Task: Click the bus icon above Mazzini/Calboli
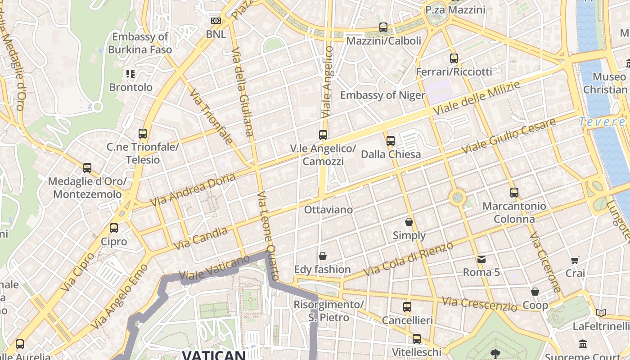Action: tap(383, 27)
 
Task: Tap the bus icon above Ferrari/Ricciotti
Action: tap(454, 58)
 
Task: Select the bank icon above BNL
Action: tap(216, 21)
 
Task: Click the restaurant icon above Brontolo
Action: tap(130, 74)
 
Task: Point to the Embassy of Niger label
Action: tap(382, 95)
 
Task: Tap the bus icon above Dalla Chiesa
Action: tap(390, 141)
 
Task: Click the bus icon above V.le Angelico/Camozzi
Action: tap(323, 135)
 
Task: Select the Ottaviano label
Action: tap(328, 210)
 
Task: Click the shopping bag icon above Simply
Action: tap(409, 222)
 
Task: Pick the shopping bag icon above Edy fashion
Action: tap(322, 256)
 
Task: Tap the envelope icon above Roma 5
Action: tap(481, 259)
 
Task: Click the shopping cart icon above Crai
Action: tap(575, 260)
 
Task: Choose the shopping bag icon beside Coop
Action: tap(535, 292)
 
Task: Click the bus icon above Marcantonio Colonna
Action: tap(514, 193)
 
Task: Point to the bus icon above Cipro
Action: tap(114, 228)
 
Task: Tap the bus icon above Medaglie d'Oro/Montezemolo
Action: tap(87, 168)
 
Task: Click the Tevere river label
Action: tap(602, 122)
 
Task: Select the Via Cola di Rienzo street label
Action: tap(409, 259)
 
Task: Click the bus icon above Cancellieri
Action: tap(407, 307)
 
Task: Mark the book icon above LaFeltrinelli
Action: tap(601, 313)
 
